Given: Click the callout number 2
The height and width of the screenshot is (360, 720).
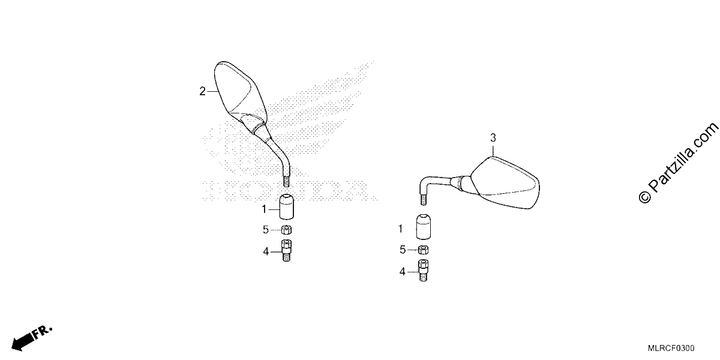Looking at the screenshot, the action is pyautogui.click(x=202, y=92).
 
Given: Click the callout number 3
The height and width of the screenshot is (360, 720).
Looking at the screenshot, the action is pyautogui.click(x=493, y=138).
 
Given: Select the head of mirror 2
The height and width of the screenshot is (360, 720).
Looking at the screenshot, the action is pyautogui.click(x=239, y=91).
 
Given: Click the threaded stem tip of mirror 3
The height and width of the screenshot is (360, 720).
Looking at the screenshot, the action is pyautogui.click(x=424, y=199).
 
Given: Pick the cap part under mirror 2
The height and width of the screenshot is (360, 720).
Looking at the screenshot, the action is pyautogui.click(x=286, y=206).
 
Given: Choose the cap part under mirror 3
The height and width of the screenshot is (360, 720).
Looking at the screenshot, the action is pyautogui.click(x=424, y=227).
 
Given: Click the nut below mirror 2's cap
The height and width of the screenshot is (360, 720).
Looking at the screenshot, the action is pyautogui.click(x=286, y=230).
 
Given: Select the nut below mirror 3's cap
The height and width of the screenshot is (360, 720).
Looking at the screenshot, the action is pyautogui.click(x=424, y=250).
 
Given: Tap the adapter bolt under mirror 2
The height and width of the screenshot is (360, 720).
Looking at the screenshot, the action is pyautogui.click(x=286, y=250).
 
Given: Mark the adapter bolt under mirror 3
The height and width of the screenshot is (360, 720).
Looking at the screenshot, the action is pyautogui.click(x=424, y=271).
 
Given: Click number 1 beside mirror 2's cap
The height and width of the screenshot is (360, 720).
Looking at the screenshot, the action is pyautogui.click(x=264, y=209).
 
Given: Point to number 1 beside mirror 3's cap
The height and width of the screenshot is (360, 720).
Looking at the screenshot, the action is pyautogui.click(x=401, y=229).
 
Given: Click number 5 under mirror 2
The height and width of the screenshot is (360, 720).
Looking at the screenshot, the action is pyautogui.click(x=265, y=230).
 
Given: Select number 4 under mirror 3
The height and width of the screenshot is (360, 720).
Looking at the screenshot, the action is pyautogui.click(x=403, y=272).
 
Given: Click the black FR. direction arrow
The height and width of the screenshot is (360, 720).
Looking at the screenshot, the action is pyautogui.click(x=31, y=339).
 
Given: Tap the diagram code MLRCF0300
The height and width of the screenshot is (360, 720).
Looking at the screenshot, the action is pyautogui.click(x=671, y=349).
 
